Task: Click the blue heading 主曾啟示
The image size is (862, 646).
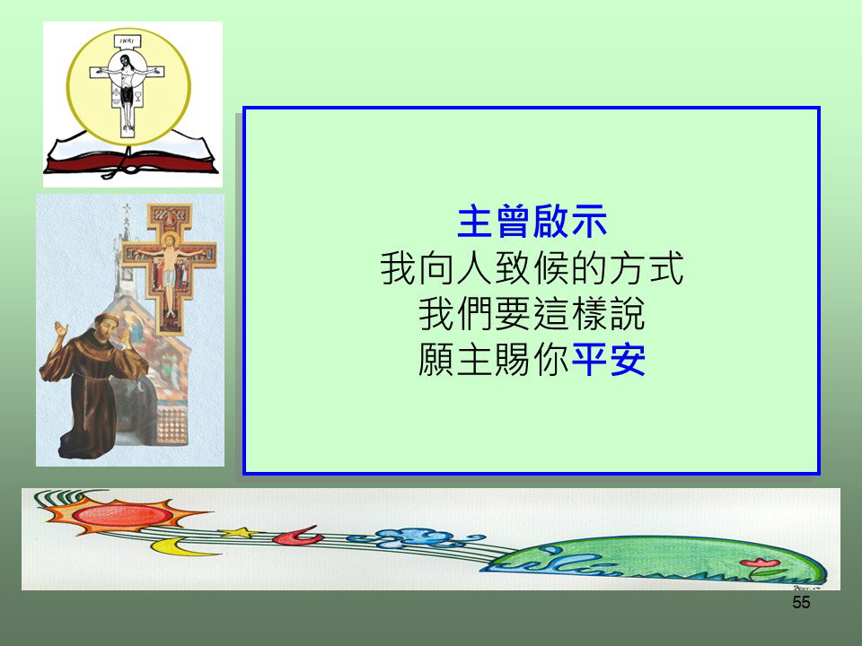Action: coord(532,222)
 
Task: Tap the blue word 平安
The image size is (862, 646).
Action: coord(609,360)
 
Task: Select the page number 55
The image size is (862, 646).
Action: coord(801,603)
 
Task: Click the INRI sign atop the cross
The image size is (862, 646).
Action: coord(127,41)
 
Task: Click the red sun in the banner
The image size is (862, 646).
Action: coord(123,515)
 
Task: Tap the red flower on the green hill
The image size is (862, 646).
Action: coord(760,563)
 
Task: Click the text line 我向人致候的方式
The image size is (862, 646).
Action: coord(532,268)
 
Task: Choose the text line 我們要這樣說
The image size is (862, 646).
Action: coord(532,314)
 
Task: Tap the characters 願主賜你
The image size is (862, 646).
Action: coord(494,360)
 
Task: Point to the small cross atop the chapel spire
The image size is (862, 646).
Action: coord(127,209)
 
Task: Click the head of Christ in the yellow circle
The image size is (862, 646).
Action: coord(127,60)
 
